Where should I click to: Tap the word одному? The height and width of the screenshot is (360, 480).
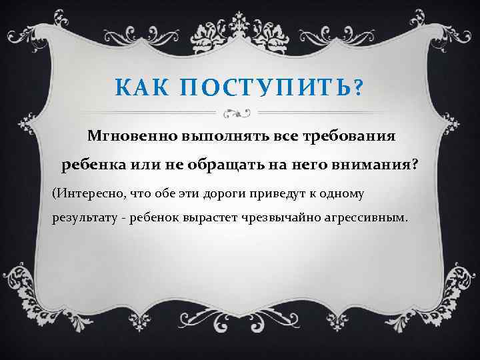click(x=374, y=193)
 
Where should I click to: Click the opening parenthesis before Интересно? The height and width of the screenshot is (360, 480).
click(x=54, y=193)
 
